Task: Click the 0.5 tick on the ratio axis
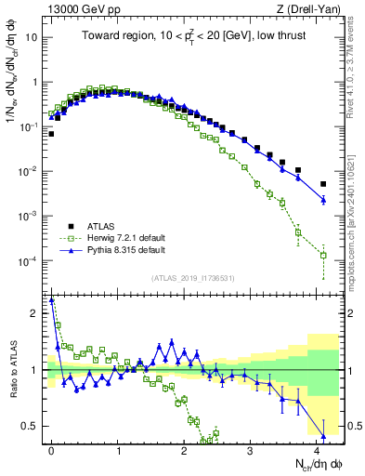point(33,426)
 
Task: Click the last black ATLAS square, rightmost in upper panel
point(323,184)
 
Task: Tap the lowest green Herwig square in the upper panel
point(323,255)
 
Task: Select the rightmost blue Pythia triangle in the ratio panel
point(323,435)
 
